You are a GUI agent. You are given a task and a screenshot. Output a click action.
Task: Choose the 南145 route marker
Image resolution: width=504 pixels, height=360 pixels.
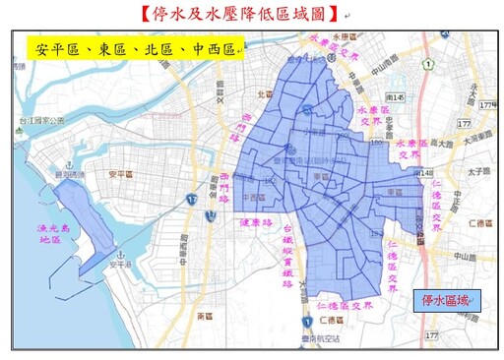click(396, 97)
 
